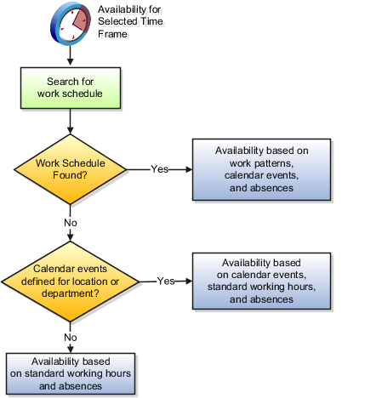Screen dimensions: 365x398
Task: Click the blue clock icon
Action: (71, 24)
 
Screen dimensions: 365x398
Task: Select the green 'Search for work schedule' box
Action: (71, 88)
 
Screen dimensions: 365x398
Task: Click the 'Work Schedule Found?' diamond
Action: (70, 169)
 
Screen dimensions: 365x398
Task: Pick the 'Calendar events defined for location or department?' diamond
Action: (70, 281)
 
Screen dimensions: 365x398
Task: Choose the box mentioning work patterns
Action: (261, 169)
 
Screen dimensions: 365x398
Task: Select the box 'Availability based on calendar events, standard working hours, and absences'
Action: (261, 281)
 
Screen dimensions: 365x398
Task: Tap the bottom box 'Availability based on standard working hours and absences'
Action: (71, 373)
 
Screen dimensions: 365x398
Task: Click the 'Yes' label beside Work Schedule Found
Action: (159, 169)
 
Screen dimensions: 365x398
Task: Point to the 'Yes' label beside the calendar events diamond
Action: (166, 281)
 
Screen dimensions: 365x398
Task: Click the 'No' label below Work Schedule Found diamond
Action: (71, 223)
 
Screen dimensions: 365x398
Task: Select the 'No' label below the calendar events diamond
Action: (71, 338)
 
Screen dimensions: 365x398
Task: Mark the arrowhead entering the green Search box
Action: (71, 62)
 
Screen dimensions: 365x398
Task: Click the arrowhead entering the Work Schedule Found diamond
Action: (71, 130)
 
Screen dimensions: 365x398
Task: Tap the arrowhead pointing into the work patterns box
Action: (189, 169)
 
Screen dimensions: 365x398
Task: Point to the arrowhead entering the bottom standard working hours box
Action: (71, 350)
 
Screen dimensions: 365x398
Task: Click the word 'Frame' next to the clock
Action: (112, 34)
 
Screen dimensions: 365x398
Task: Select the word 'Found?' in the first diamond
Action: (70, 175)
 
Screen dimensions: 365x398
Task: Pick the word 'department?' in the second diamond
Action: (71, 293)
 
